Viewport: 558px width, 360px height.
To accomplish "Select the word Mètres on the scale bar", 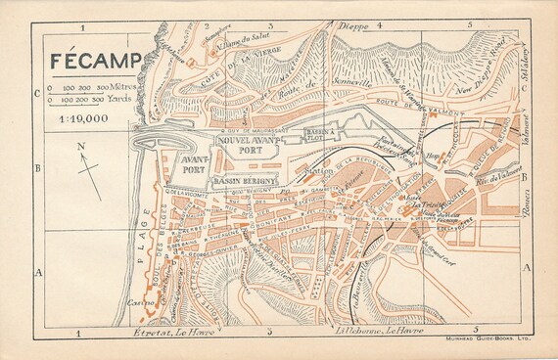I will pyautogui.click(x=124, y=88).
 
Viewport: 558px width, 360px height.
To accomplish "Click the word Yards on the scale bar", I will pyautogui.click(x=120, y=99).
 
